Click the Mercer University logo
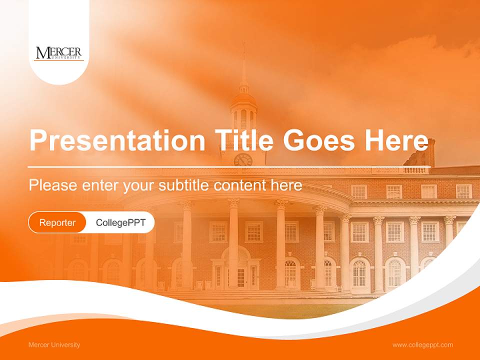pyautogui.click(x=58, y=53)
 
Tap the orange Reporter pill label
pyautogui.click(x=57, y=222)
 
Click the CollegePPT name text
pyautogui.click(x=120, y=222)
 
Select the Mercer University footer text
pyautogui.click(x=54, y=345)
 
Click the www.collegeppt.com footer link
pyautogui.click(x=422, y=345)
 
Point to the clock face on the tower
pyautogui.click(x=243, y=160)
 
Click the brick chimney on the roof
pyautogui.click(x=425, y=152)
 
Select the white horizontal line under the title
pyautogui.click(x=229, y=166)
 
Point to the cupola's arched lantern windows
pyautogui.click(x=243, y=119)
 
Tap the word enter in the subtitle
pyautogui.click(x=99, y=185)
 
